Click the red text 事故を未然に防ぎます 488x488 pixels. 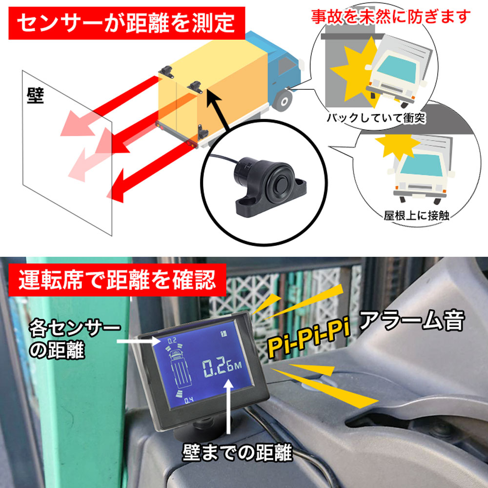point(391,17)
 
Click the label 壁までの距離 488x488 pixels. point(237,454)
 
